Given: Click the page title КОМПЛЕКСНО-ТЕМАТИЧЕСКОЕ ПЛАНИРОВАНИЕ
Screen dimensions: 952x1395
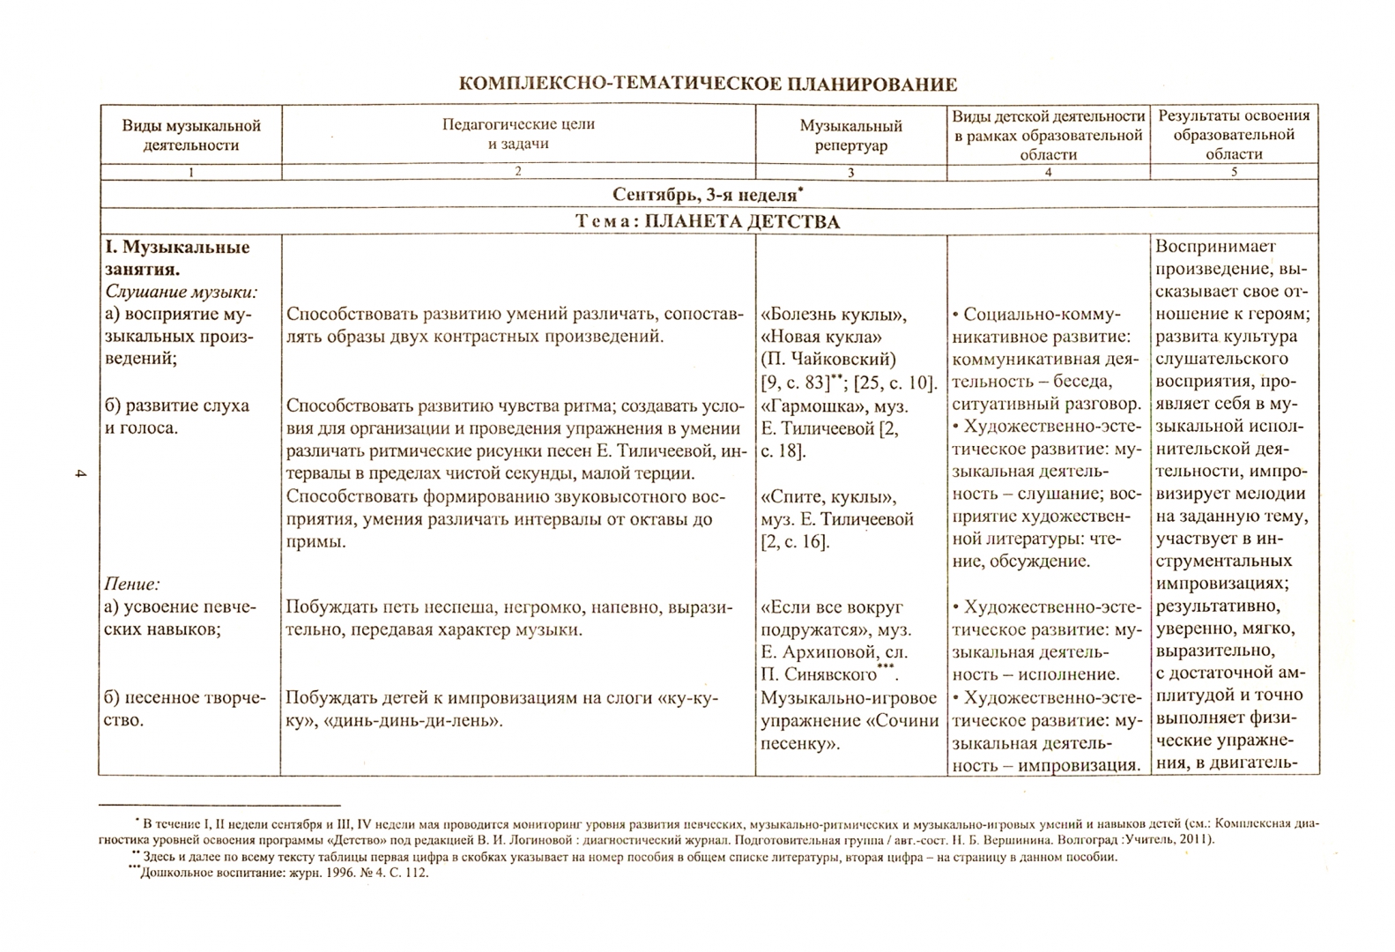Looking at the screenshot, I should (708, 85).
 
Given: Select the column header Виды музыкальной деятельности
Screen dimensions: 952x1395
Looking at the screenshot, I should (191, 135).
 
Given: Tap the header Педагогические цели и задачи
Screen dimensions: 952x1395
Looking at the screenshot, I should (518, 134).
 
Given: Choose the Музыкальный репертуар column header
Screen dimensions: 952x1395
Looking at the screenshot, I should (850, 136).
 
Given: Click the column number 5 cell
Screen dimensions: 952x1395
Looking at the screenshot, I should (1234, 172).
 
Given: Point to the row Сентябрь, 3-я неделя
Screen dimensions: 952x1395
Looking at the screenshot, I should (708, 194).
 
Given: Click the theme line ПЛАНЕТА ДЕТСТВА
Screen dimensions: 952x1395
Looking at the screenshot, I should (708, 221).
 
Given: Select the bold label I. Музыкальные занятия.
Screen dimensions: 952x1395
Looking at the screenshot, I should (177, 258).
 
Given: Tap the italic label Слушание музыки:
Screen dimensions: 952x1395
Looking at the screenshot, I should (181, 292).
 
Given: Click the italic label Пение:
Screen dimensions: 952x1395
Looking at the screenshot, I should (132, 584).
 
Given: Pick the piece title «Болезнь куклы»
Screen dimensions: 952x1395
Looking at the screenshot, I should (834, 315).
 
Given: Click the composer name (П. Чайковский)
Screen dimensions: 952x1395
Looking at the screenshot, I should (827, 359).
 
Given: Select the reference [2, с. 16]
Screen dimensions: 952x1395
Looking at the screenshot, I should (795, 541).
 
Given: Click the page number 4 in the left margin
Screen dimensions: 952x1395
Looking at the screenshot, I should (79, 476).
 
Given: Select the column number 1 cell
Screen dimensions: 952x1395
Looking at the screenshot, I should (191, 173).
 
